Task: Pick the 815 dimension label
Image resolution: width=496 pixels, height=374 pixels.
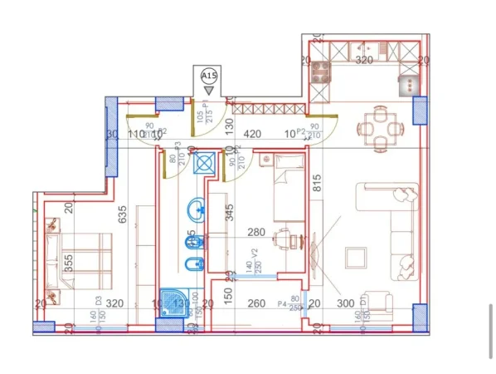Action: coord(316,188)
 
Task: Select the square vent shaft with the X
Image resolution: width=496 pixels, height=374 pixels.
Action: coord(204,163)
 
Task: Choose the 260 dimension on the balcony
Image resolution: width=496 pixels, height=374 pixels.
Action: coord(256,303)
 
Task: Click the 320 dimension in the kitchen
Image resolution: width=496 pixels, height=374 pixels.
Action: coord(363,61)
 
